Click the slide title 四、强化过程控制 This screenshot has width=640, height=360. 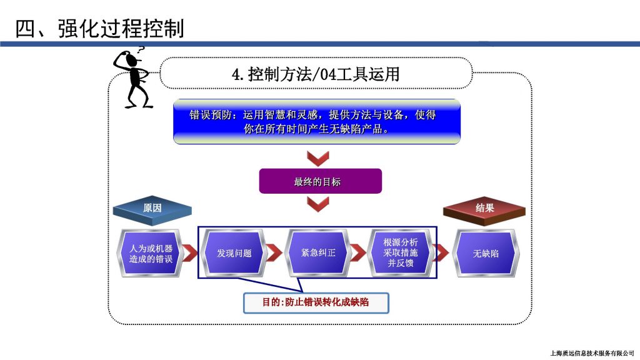[99, 28]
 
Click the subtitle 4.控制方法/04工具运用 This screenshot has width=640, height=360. [316, 74]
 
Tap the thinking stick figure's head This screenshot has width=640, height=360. [131, 60]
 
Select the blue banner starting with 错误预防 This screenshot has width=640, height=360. [317, 122]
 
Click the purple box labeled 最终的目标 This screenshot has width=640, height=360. [321, 181]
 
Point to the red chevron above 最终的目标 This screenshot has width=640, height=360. [318, 158]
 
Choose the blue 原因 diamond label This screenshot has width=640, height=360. [152, 210]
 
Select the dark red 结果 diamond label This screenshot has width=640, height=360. [484, 210]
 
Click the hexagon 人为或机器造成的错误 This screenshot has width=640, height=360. [151, 253]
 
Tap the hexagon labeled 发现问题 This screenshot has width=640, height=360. [234, 253]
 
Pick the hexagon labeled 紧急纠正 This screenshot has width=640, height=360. [318, 253]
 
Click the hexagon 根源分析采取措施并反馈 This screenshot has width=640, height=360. [401, 253]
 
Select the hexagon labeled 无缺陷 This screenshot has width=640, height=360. [486, 253]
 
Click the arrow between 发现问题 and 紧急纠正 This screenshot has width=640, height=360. [274, 252]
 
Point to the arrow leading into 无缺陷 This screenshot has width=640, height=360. [441, 252]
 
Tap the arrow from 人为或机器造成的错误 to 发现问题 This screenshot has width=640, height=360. [190, 252]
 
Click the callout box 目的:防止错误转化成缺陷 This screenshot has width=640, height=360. [316, 302]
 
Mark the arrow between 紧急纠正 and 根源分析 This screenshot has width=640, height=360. [358, 252]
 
